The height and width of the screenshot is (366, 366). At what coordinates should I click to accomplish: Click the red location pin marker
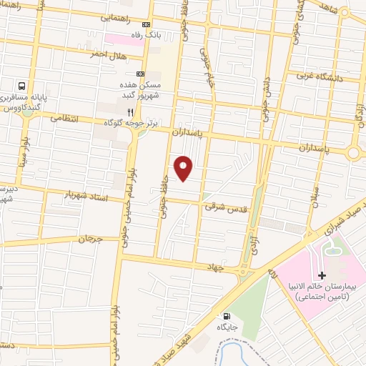[184, 168]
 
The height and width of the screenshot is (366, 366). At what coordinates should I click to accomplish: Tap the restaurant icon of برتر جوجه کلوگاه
[130, 112]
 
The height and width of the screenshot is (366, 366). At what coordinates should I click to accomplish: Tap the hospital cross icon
[322, 275]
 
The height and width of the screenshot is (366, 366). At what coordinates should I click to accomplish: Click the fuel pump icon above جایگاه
[227, 317]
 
